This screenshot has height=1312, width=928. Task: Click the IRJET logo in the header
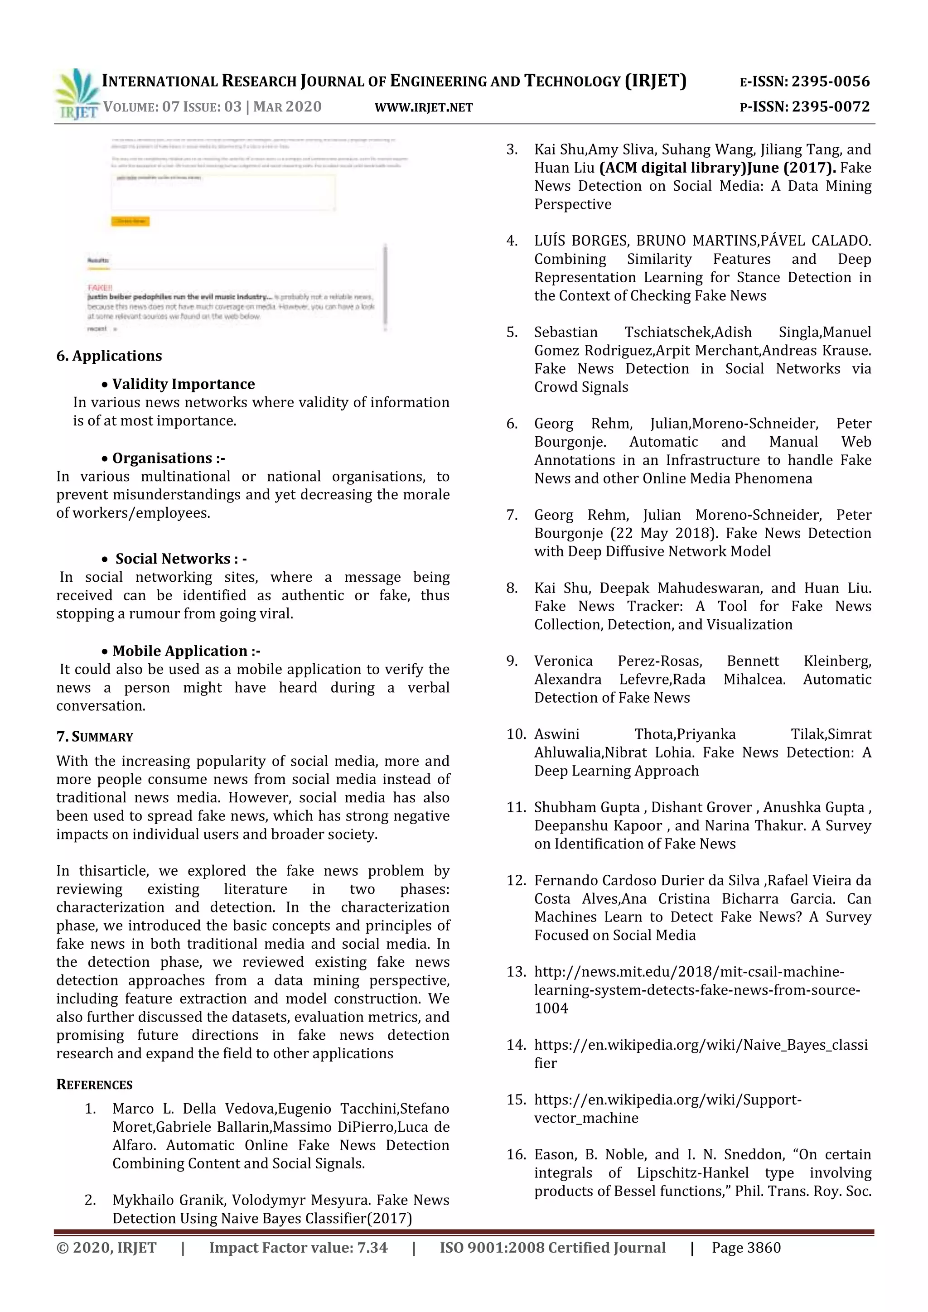(x=77, y=94)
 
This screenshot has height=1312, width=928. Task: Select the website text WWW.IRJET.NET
(x=423, y=107)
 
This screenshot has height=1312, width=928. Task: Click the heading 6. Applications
(x=109, y=356)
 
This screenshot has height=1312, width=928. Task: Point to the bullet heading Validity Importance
(x=183, y=384)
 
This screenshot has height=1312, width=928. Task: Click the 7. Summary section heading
(x=95, y=737)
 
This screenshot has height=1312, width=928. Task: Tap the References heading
(x=94, y=1085)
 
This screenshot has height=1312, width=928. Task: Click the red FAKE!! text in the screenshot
(x=100, y=287)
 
